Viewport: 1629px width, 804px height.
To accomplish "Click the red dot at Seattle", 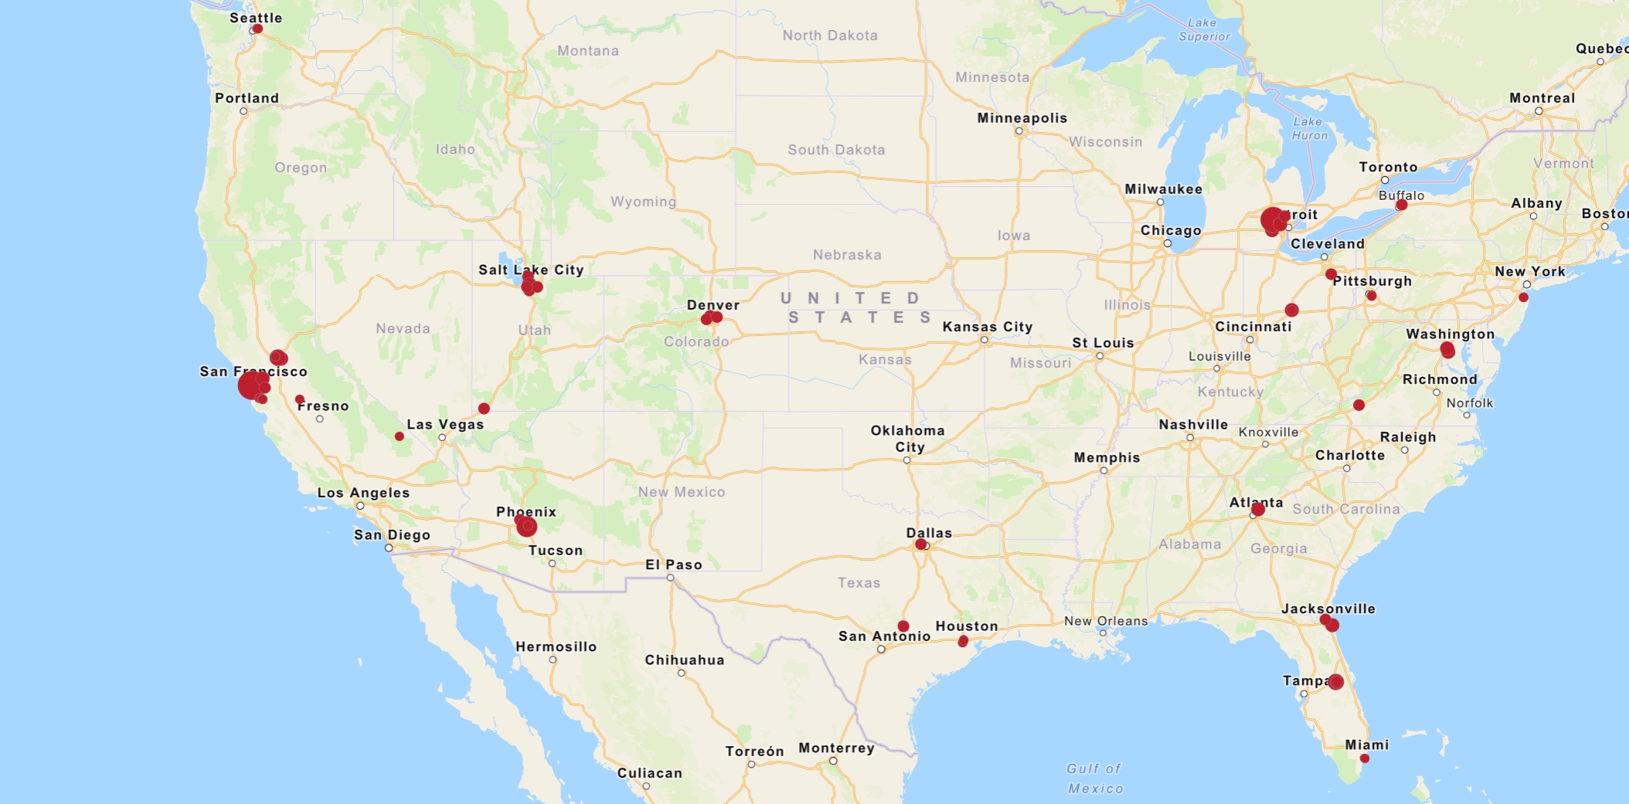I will (257, 29).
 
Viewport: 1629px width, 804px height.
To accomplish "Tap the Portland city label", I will (247, 98).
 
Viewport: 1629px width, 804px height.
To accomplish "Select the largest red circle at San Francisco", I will (250, 385).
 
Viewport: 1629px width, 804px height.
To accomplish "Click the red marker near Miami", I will (1365, 758).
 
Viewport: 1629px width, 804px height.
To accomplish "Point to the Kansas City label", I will (987, 327).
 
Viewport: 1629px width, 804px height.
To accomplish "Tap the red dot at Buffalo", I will (1401, 205).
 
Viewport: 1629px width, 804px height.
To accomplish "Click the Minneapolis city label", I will (1022, 118).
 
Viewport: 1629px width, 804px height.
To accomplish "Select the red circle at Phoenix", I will (526, 527).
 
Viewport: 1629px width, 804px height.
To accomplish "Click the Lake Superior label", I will (1203, 29).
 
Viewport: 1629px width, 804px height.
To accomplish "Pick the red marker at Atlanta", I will (1258, 509).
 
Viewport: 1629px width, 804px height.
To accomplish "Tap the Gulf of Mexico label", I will (1094, 778).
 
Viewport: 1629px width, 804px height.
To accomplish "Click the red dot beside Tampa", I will (1335, 682).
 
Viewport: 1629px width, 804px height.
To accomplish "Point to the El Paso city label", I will (673, 565).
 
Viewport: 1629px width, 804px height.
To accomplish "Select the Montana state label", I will (587, 51).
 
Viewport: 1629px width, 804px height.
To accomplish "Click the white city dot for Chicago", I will (1168, 243).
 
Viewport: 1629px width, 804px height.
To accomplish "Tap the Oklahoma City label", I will (907, 438).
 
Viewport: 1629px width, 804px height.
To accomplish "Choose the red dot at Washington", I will (1447, 350).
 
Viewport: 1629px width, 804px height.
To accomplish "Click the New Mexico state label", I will (681, 492).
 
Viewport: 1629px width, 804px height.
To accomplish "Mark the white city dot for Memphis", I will (1104, 470).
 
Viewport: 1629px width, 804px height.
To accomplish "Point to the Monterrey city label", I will (836, 748).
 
